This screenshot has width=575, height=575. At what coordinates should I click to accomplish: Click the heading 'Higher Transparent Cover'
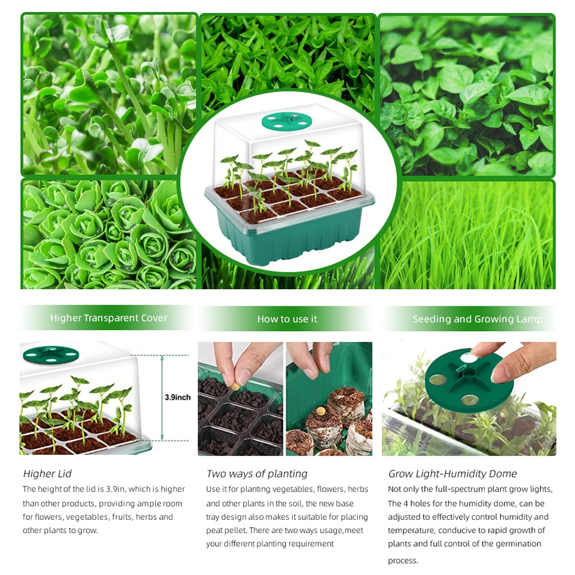(x=109, y=318)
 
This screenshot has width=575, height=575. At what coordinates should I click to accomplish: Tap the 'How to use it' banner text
(x=287, y=319)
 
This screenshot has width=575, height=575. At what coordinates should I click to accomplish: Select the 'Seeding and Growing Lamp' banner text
(x=477, y=319)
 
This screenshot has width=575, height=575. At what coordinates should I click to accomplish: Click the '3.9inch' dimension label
(x=177, y=397)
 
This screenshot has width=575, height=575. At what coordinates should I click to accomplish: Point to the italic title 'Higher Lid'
(x=47, y=474)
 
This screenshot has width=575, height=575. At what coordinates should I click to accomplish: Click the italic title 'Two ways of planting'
(x=256, y=474)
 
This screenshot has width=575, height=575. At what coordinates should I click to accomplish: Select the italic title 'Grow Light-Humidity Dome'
(x=452, y=474)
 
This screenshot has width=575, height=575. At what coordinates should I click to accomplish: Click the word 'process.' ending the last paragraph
(x=402, y=561)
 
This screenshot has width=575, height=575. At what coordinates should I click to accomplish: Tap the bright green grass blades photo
(x=469, y=236)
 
